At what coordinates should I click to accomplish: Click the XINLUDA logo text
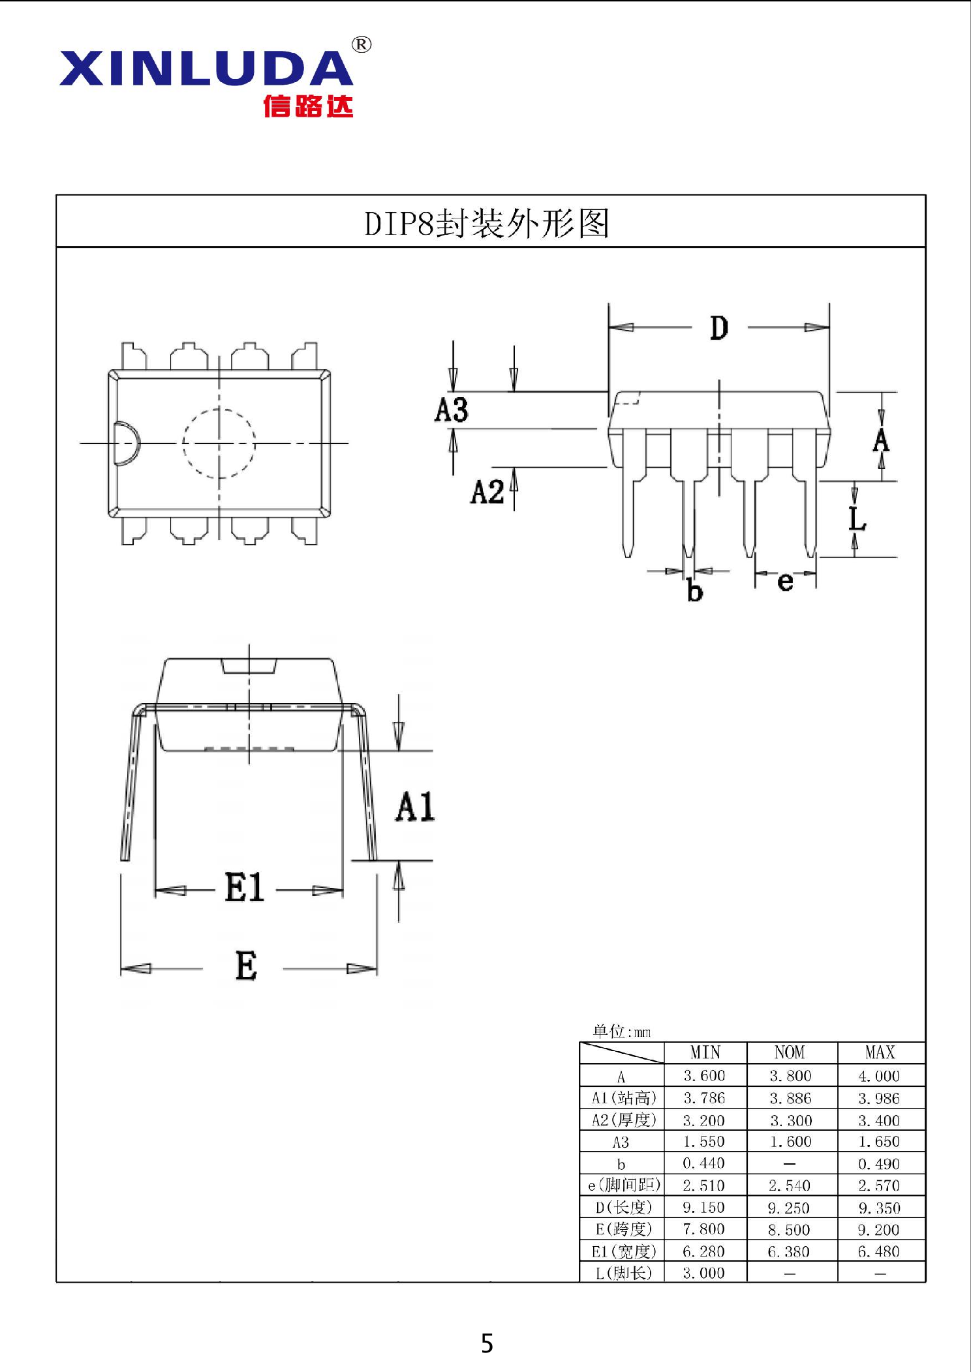pos(206,68)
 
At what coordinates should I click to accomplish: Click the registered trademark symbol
pos(362,44)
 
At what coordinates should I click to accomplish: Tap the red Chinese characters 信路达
pos(308,106)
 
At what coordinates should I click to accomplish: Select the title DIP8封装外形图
pos(487,224)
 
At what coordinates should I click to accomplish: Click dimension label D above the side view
pos(718,327)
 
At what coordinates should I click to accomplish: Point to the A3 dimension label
pos(451,410)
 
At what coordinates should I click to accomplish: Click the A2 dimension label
pos(487,492)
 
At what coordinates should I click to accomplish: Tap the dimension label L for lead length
pos(857,520)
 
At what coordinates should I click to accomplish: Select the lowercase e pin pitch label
pos(785,580)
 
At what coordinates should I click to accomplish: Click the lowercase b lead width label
pos(695,591)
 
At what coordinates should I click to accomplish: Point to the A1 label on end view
pos(415,807)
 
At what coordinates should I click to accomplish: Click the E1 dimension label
pos(244,888)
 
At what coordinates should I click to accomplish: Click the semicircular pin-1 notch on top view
pos(126,443)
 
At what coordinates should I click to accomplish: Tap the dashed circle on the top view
pos(219,443)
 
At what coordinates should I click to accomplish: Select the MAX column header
pos(880,1052)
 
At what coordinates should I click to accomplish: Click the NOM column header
pos(790,1052)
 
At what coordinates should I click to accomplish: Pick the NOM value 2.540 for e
pos(790,1186)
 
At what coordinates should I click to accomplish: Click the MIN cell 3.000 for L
pos(703,1273)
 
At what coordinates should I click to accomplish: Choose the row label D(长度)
pos(623,1207)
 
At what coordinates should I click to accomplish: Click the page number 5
pos(487,1344)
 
